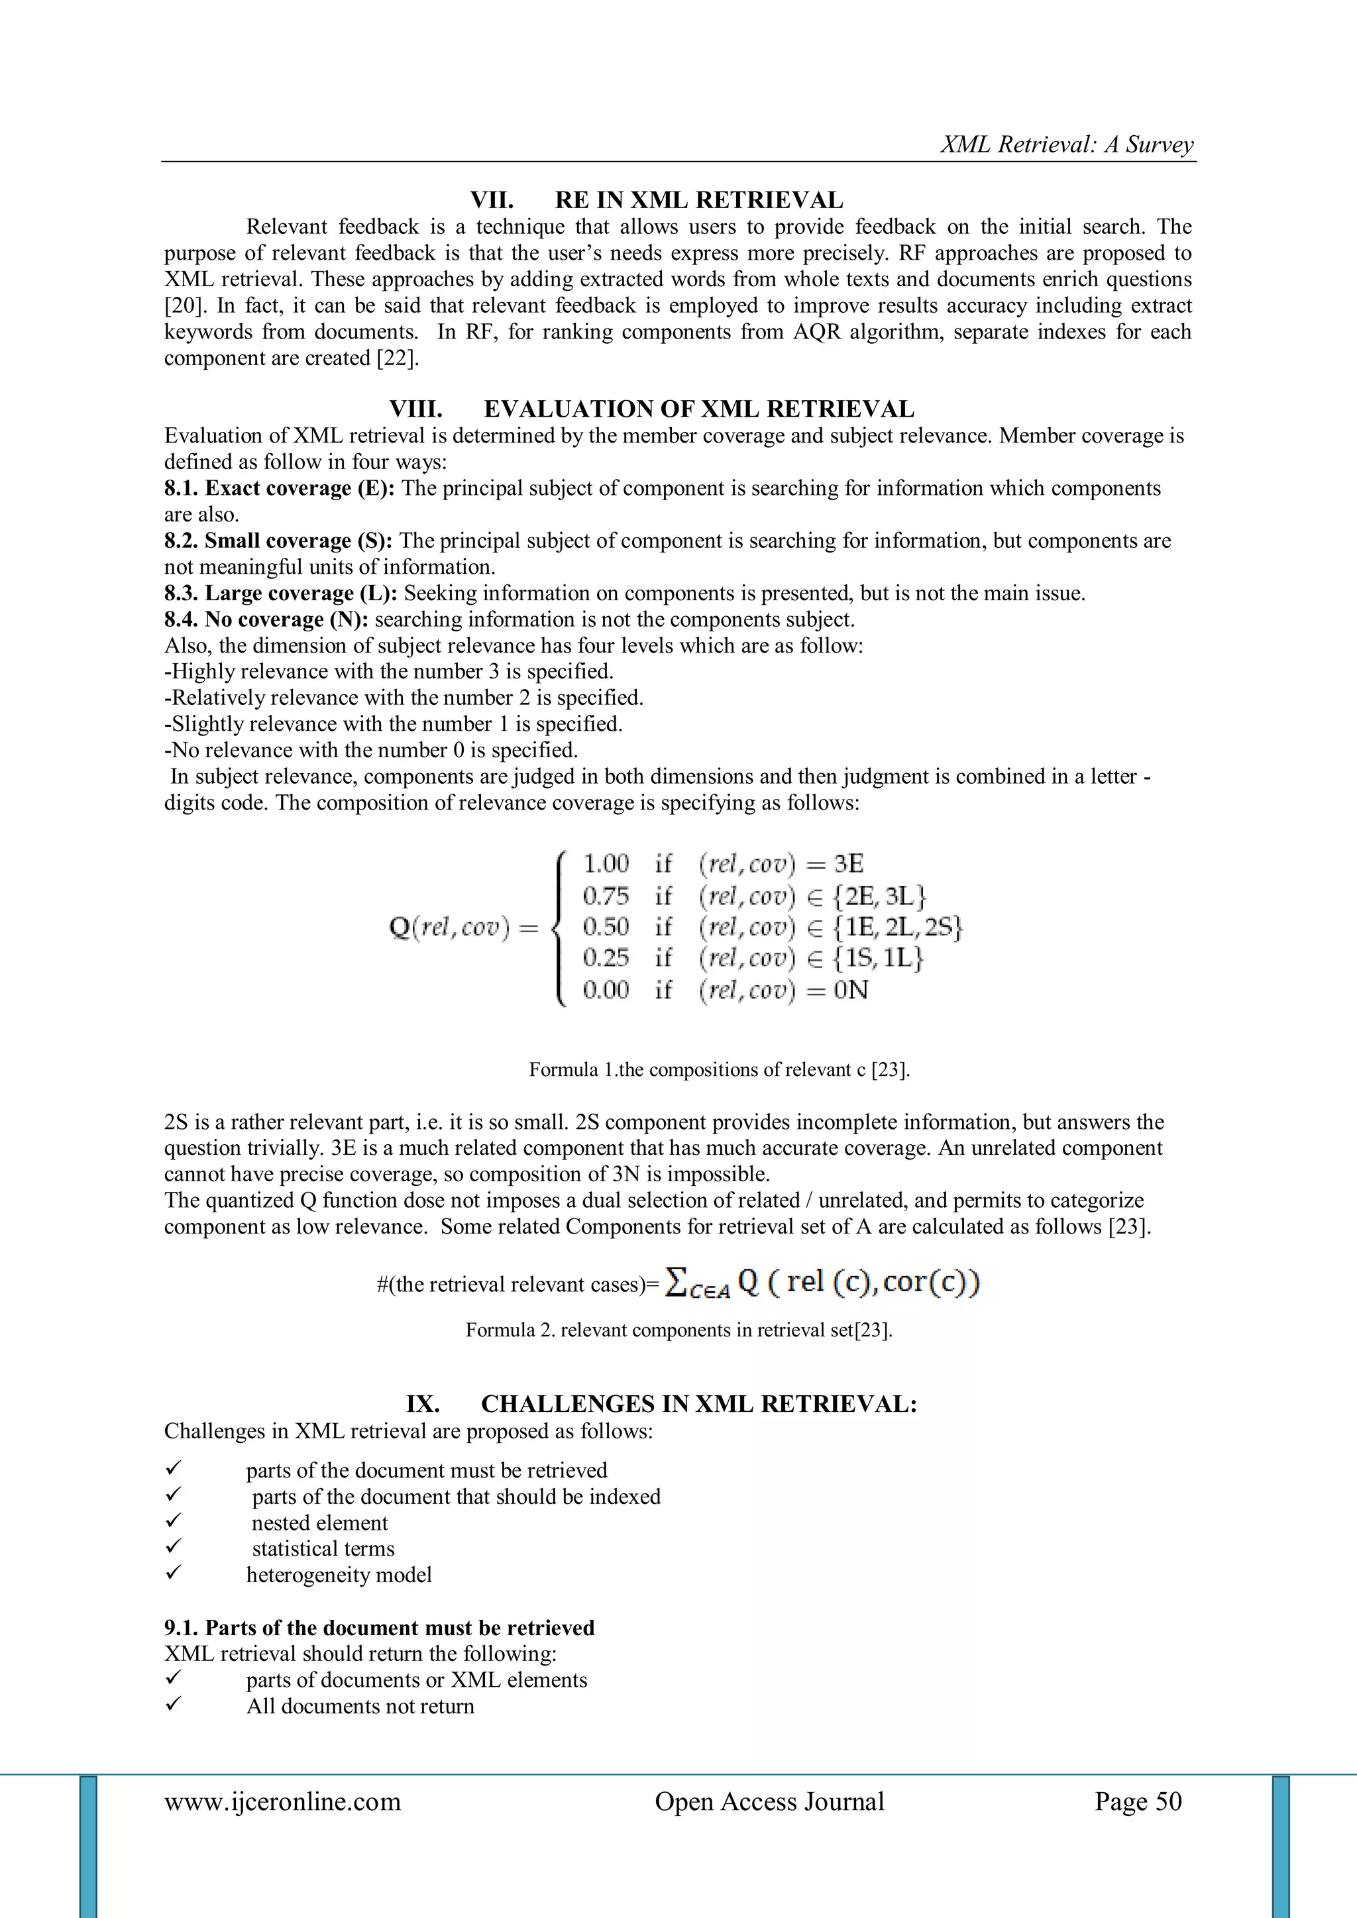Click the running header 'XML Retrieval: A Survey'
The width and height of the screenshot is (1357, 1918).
click(x=1067, y=144)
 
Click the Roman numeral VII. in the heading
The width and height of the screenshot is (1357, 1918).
click(x=492, y=201)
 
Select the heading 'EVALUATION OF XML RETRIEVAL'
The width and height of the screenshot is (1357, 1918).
click(x=698, y=409)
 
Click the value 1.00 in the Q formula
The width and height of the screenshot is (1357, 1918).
click(x=606, y=864)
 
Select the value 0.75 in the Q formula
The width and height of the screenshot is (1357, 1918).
click(x=606, y=896)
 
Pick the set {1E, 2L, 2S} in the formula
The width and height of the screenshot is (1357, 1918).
click(x=897, y=928)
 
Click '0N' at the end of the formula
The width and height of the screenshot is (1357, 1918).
click(x=851, y=990)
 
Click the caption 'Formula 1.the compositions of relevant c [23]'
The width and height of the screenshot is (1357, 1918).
click(x=719, y=1070)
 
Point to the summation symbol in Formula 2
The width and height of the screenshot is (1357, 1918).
click(x=676, y=1282)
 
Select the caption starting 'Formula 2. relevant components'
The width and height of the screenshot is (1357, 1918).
click(x=678, y=1330)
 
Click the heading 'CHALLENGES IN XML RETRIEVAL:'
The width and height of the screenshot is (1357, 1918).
click(x=698, y=1405)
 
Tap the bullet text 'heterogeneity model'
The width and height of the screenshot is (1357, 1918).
click(x=339, y=1575)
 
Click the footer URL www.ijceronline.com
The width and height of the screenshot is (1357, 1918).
click(x=282, y=1802)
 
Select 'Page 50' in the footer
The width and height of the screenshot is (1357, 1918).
click(x=1138, y=1802)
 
